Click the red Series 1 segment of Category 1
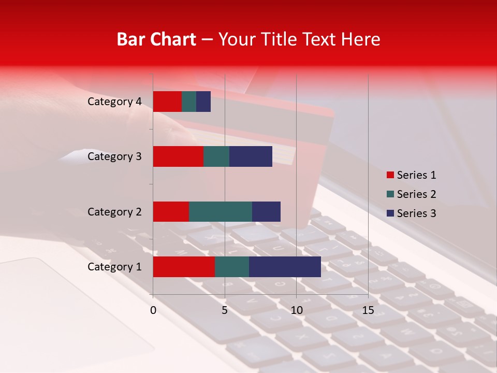click(x=184, y=267)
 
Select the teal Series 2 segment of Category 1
click(x=232, y=267)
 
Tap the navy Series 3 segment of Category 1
click(x=285, y=267)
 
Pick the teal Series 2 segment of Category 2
click(x=221, y=211)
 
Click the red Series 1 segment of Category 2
click(x=171, y=211)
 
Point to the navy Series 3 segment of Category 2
click(x=266, y=211)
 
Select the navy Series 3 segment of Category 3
click(x=251, y=156)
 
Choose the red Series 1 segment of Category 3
click(x=178, y=156)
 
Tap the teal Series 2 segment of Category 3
click(x=216, y=156)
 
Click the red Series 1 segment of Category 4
click(x=167, y=102)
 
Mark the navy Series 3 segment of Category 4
click(x=203, y=102)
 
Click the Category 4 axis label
click(x=114, y=102)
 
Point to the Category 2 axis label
click(x=114, y=212)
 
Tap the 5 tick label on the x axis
click(x=225, y=310)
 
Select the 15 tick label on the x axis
click(x=368, y=310)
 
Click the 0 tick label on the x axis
click(x=153, y=310)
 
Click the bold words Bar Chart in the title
click(x=156, y=39)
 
